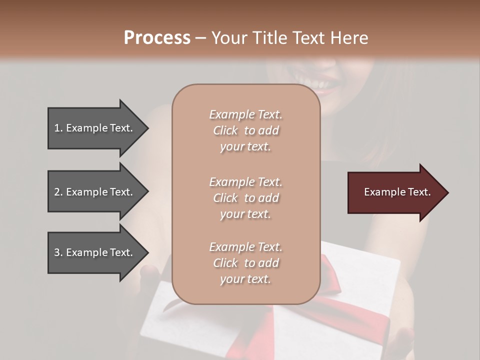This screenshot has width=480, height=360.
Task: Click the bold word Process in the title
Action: pos(157,38)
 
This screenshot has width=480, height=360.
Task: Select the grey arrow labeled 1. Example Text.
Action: pos(95,128)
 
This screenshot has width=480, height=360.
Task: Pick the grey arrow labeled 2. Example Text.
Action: pos(95,192)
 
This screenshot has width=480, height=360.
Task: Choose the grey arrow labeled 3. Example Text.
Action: pos(95,252)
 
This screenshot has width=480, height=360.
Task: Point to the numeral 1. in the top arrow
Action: pos(58,128)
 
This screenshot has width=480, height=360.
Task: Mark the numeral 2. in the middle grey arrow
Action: pos(58,192)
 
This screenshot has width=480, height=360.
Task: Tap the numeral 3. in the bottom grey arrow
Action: pos(58,252)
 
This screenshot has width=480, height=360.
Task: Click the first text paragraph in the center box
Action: pos(245,130)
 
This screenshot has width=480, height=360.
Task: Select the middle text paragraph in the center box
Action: pos(245,198)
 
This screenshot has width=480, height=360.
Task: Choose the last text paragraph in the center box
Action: pos(245,263)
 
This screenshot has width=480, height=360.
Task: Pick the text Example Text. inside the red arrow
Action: pos(397,192)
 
